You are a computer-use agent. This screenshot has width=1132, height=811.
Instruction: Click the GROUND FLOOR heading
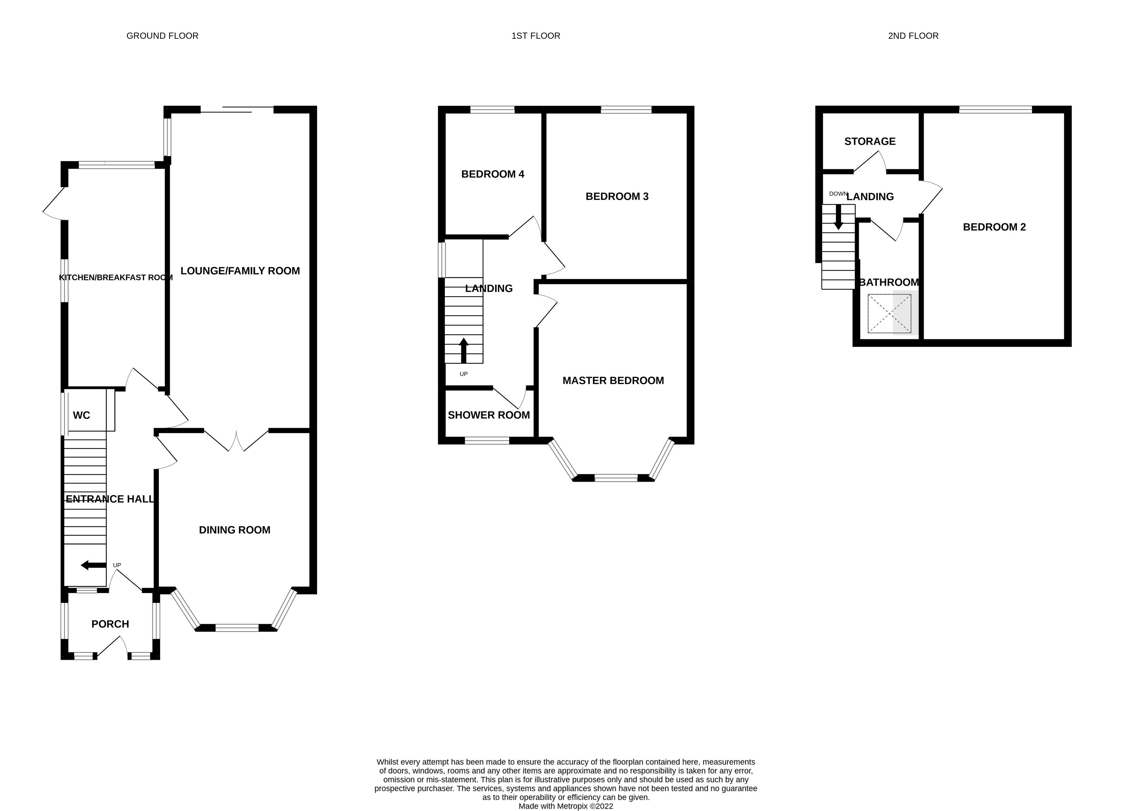coord(162,36)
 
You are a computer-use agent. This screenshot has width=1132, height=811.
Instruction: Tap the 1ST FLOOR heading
coord(535,36)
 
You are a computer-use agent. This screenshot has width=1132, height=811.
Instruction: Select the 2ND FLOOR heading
coord(913,36)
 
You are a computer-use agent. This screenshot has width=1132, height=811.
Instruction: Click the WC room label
coord(81,415)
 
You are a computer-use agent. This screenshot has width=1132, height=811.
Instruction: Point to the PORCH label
coord(110,624)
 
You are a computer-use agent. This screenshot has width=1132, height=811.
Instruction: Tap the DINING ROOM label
coord(235,530)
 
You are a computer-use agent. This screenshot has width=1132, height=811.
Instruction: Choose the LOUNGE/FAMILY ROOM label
coord(240,271)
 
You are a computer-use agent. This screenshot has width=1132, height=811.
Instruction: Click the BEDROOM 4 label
coord(493,174)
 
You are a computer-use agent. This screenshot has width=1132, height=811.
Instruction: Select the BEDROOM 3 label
coord(617,197)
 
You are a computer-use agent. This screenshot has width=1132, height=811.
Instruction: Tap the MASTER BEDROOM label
coord(613,381)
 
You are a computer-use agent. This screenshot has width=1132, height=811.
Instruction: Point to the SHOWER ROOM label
coord(489,415)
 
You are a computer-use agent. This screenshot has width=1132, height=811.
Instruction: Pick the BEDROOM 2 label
coord(994,227)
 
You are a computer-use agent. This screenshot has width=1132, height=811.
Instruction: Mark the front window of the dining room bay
coord(237,628)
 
